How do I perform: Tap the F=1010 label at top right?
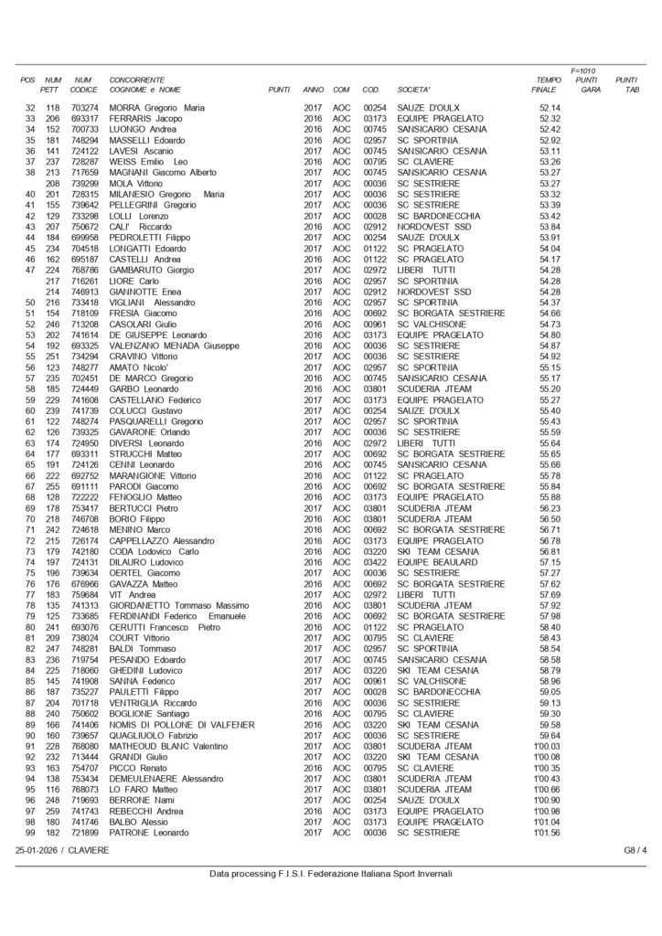point(582,69)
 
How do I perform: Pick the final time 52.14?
point(550,108)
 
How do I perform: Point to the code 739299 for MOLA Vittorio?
point(84,184)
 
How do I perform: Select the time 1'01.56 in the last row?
point(548,833)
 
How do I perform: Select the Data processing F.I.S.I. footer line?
point(330,873)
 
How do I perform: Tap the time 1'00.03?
point(548,746)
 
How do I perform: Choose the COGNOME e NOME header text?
point(144,90)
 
